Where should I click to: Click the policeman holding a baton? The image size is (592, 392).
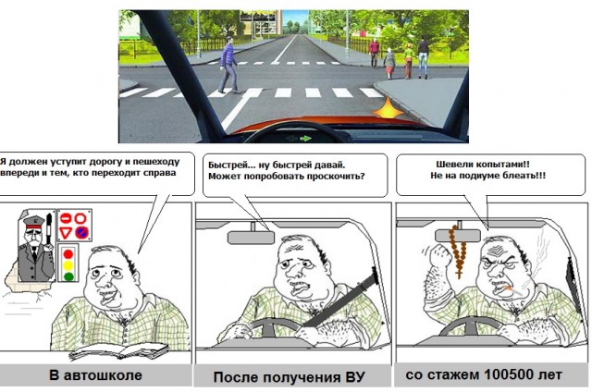[33, 245]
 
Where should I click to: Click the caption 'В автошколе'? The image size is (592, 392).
[95, 376]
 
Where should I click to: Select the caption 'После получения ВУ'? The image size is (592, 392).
[289, 378]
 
